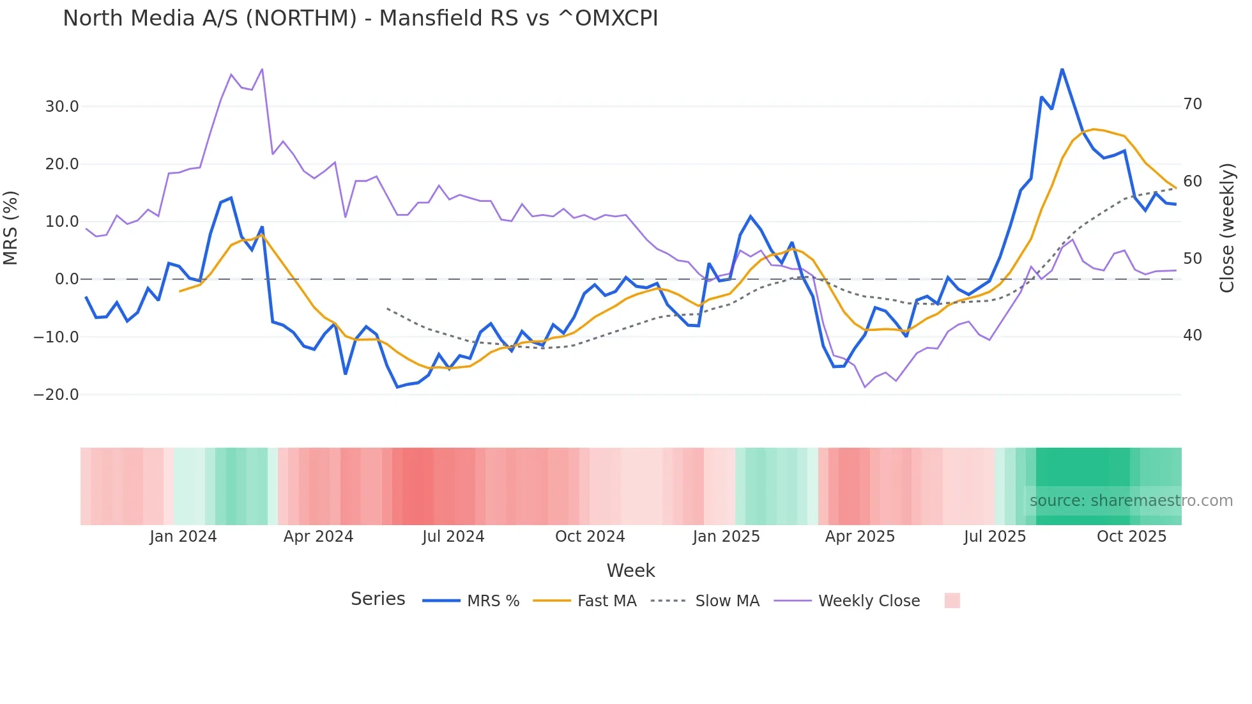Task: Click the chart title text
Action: coord(360,19)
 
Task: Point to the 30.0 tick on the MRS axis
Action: coord(62,107)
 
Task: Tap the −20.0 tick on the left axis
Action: coord(56,395)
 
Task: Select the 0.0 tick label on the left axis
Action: coord(67,279)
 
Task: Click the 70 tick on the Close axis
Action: coord(1193,104)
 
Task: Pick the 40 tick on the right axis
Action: coord(1193,335)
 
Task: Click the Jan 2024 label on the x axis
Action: coord(183,537)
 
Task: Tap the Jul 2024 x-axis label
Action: coord(454,537)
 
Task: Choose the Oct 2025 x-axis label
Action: coord(1131,537)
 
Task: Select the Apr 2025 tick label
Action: coord(860,537)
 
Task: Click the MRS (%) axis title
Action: coord(11,227)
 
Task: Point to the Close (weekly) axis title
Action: coord(1227,228)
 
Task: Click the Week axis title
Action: coord(630,570)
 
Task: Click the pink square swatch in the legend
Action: coord(952,601)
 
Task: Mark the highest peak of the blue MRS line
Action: coord(1062,69)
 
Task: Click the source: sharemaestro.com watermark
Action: coord(1131,501)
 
